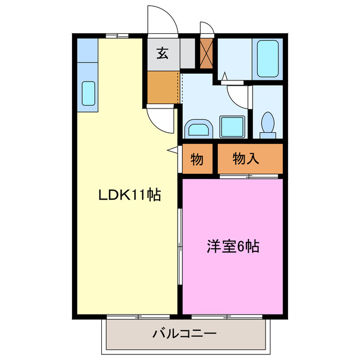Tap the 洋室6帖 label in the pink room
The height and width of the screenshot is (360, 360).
pyautogui.click(x=233, y=246)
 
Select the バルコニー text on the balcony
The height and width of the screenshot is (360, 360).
pyautogui.click(x=184, y=334)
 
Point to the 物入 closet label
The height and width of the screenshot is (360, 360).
pyautogui.click(x=246, y=159)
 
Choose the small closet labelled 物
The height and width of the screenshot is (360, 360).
pyautogui.click(x=196, y=159)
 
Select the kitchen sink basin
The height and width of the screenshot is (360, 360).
pyautogui.click(x=89, y=93)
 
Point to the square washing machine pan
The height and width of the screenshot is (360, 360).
pyautogui.click(x=231, y=127)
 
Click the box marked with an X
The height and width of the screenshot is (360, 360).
pyautogui.click(x=206, y=53)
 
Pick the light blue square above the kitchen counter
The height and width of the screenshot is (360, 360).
pyautogui.click(x=87, y=50)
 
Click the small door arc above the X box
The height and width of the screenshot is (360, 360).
pyautogui.click(x=207, y=28)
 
